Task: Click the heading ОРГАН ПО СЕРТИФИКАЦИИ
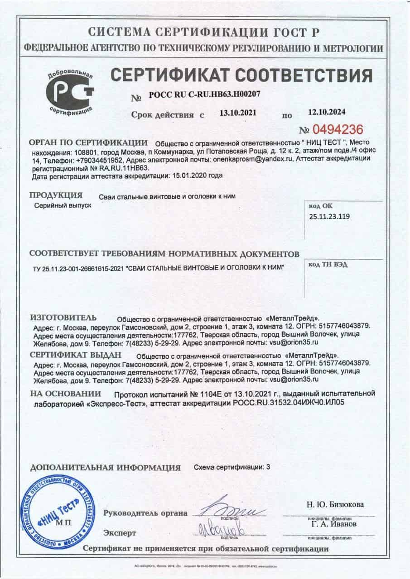(x=89, y=142)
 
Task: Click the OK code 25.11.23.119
(x=330, y=216)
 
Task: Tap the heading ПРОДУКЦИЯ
(x=56, y=195)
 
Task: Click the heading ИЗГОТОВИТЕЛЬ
(x=63, y=317)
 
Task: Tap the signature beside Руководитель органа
(x=234, y=511)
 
